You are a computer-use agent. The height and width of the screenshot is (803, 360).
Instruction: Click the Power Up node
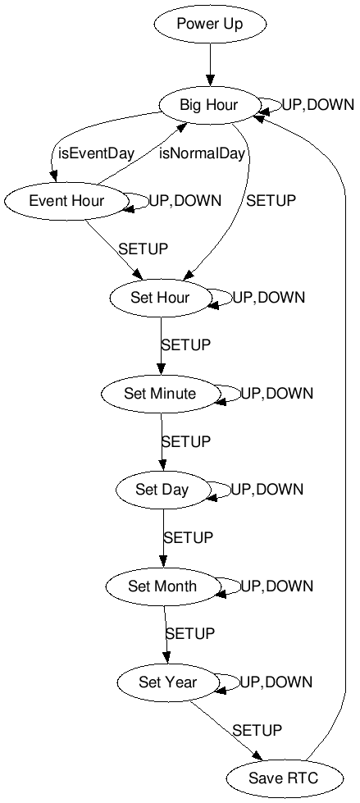tap(210, 24)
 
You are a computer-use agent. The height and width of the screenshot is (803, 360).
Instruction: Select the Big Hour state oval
tap(209, 104)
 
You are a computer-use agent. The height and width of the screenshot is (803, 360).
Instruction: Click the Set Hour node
tap(160, 297)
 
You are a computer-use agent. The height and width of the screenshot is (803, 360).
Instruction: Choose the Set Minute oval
tap(160, 394)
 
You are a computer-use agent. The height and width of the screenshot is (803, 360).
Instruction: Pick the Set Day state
tap(162, 490)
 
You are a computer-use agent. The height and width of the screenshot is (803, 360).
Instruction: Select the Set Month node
tap(162, 586)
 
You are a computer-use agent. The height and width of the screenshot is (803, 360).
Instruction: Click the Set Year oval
tap(167, 682)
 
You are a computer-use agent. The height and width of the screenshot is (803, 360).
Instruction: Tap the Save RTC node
tap(271, 778)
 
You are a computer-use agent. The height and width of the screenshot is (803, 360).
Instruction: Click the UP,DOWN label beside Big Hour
tap(318, 105)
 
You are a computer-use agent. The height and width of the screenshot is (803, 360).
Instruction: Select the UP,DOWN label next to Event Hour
tap(185, 201)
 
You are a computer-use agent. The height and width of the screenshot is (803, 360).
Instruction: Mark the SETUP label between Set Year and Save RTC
tap(257, 730)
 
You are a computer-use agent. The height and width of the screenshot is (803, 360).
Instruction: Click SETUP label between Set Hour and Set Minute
tap(185, 345)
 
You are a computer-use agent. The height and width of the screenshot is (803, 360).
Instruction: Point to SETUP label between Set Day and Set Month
tap(188, 538)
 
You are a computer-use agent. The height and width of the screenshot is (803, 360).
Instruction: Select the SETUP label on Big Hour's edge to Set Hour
tap(271, 201)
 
